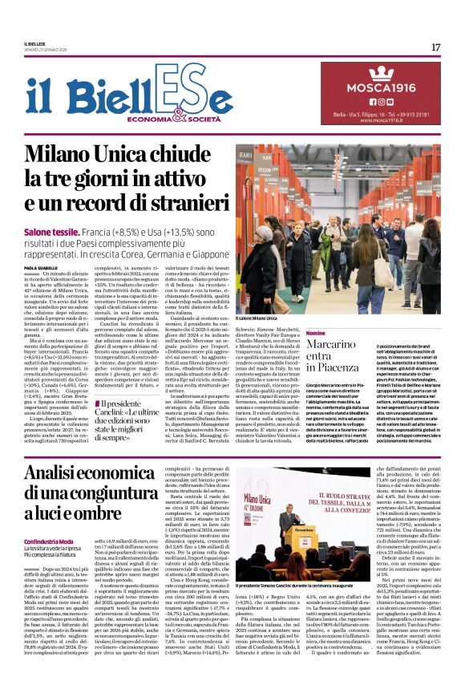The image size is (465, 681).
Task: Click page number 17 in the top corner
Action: pyautogui.click(x=435, y=47)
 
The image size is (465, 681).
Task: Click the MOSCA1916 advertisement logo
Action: pyautogui.click(x=381, y=85)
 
